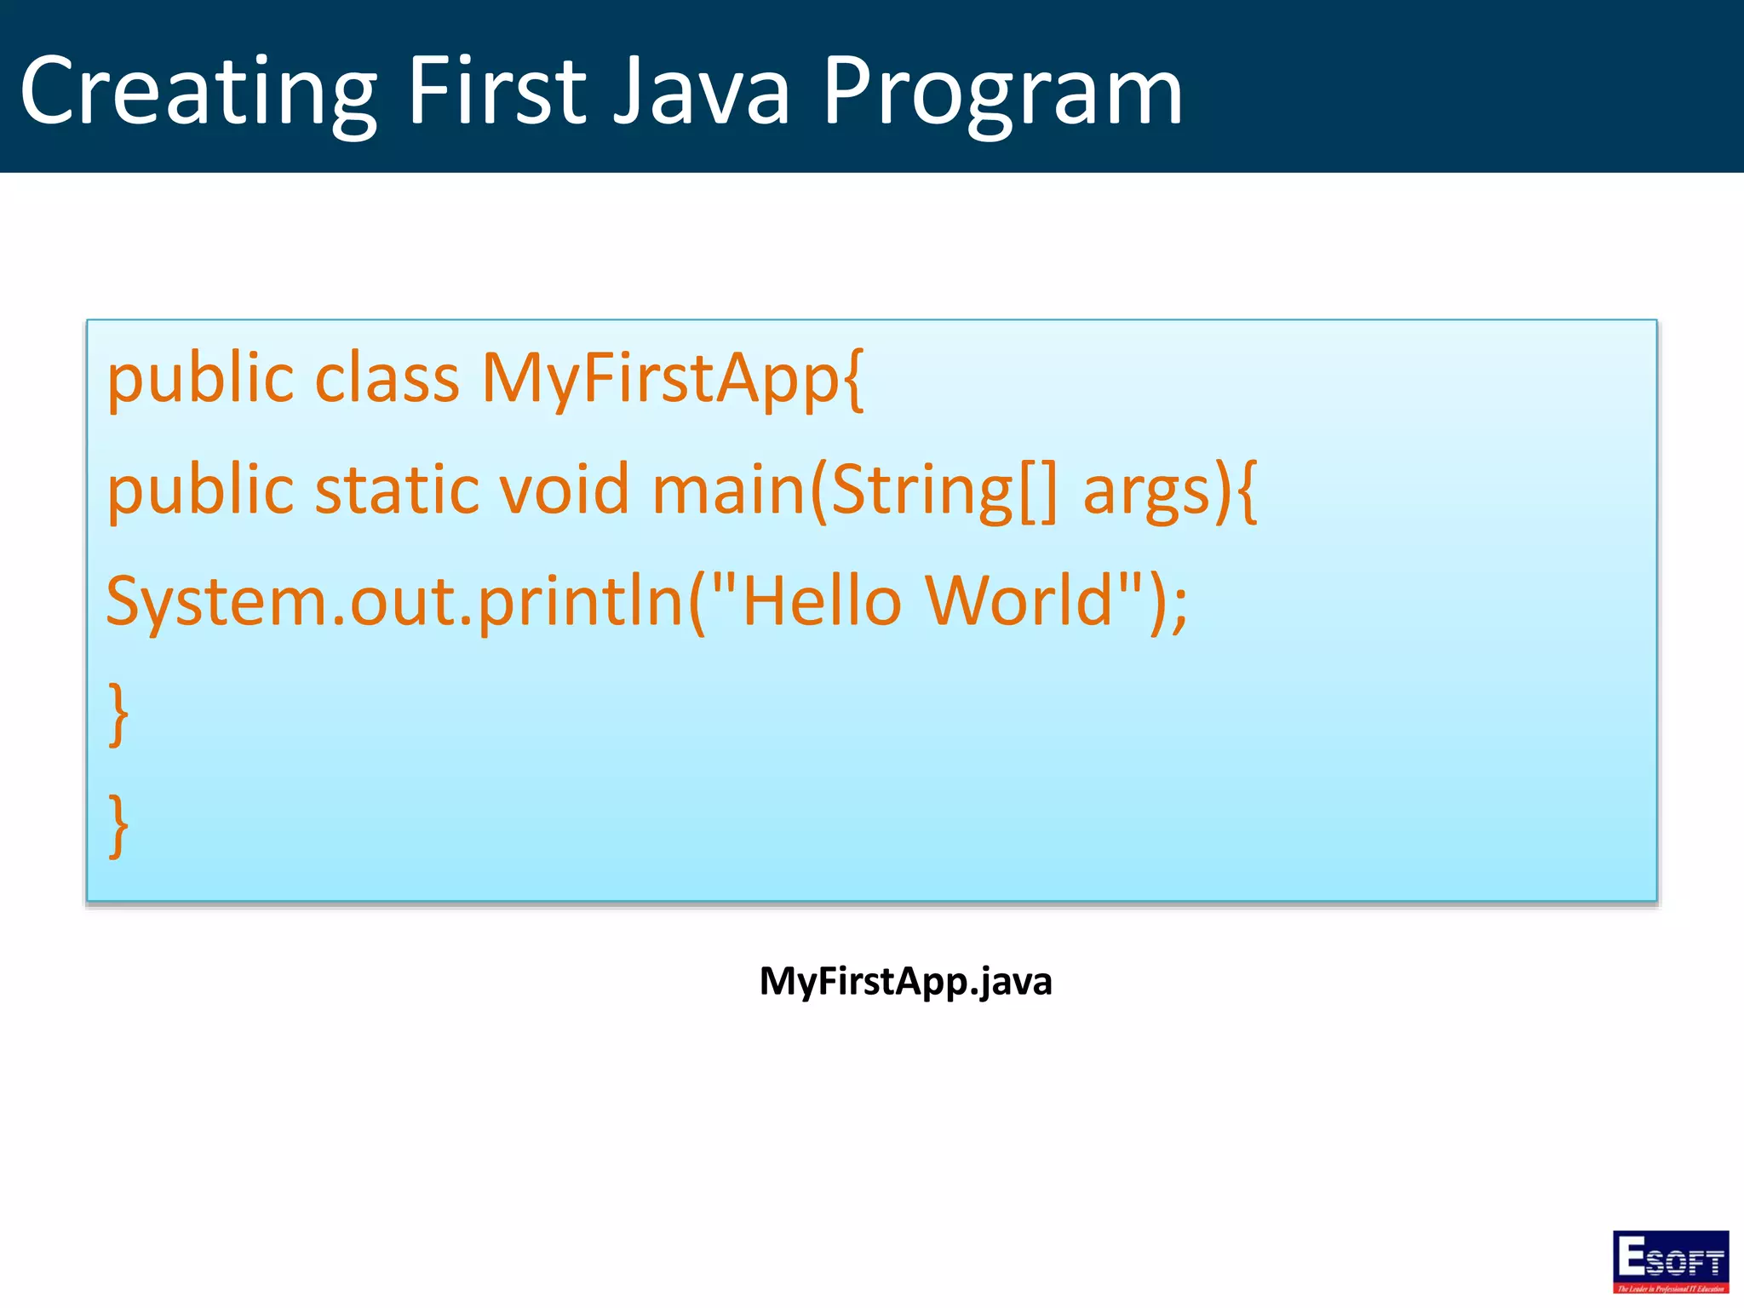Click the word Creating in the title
click(198, 91)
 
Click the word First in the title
click(496, 91)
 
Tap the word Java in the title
click(701, 91)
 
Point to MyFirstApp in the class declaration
click(662, 379)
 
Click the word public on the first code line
click(199, 379)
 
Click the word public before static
click(199, 491)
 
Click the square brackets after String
click(1037, 491)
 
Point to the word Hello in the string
click(821, 601)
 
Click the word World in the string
click(1019, 601)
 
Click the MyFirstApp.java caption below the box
click(905, 982)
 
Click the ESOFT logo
click(1670, 1261)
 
